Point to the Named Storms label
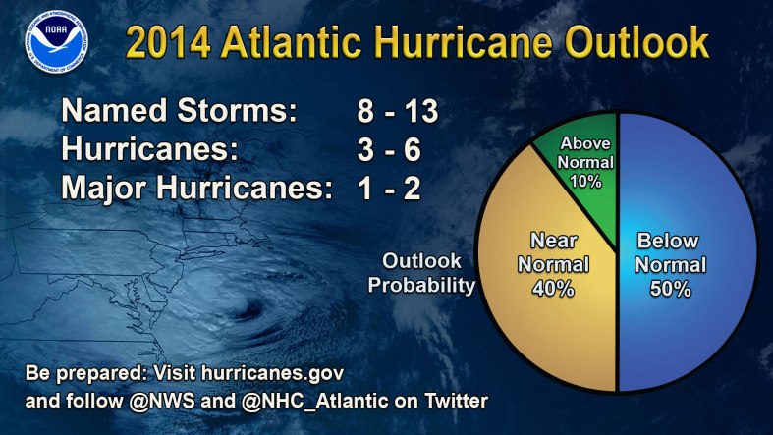point(179,111)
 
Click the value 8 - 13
point(397,111)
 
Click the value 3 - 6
point(390,149)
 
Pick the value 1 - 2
point(389,187)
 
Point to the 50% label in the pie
point(671,290)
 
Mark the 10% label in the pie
point(587,182)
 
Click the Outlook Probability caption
point(428,274)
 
